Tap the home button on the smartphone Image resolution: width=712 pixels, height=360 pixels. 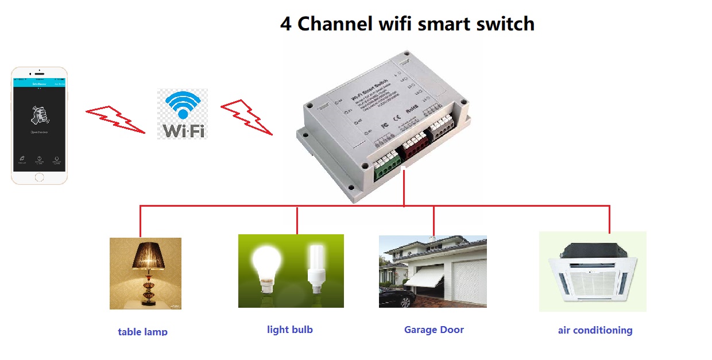39,177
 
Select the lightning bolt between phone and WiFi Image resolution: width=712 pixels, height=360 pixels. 115,119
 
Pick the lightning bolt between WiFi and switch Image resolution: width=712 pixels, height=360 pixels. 246,117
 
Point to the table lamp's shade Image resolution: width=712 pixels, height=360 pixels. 146,255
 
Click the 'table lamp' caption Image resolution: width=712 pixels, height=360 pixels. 142,331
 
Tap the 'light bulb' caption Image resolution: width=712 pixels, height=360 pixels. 290,330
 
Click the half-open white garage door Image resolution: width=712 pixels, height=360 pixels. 420,280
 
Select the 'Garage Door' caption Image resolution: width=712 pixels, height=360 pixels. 434,330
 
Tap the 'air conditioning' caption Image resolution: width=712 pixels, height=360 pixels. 595,330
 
